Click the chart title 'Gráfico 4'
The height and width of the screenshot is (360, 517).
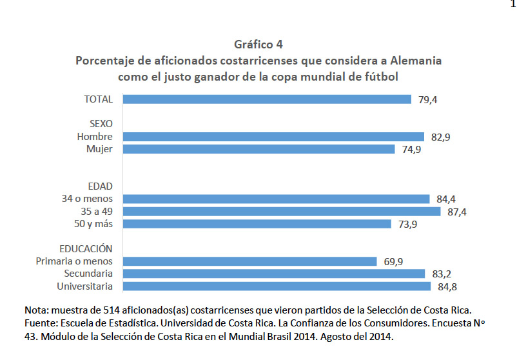click(x=258, y=45)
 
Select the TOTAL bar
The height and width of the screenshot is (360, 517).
click(x=267, y=99)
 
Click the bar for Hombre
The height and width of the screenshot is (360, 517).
click(x=274, y=137)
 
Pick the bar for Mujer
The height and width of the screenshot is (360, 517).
click(x=259, y=149)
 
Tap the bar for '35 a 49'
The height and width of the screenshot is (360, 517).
click(x=282, y=212)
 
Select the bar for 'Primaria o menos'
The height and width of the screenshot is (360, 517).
click(x=250, y=261)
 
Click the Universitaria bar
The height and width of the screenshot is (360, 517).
click(x=277, y=286)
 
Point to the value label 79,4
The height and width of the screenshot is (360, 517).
click(x=427, y=99)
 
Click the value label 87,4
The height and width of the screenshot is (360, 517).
click(x=457, y=212)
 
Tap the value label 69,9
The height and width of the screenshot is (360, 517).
click(x=393, y=262)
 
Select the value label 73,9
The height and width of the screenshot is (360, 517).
click(x=408, y=225)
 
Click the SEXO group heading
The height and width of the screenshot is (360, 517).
click(x=101, y=124)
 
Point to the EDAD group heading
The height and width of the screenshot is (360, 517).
click(x=100, y=186)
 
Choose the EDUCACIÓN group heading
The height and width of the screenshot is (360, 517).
click(x=86, y=248)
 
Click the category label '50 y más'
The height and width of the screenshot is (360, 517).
click(x=93, y=224)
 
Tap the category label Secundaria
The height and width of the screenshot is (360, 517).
click(x=88, y=274)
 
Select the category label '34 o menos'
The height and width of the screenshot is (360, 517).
click(x=87, y=199)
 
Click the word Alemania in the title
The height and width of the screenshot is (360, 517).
click(x=416, y=61)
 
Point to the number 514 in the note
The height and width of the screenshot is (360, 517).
click(x=111, y=310)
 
